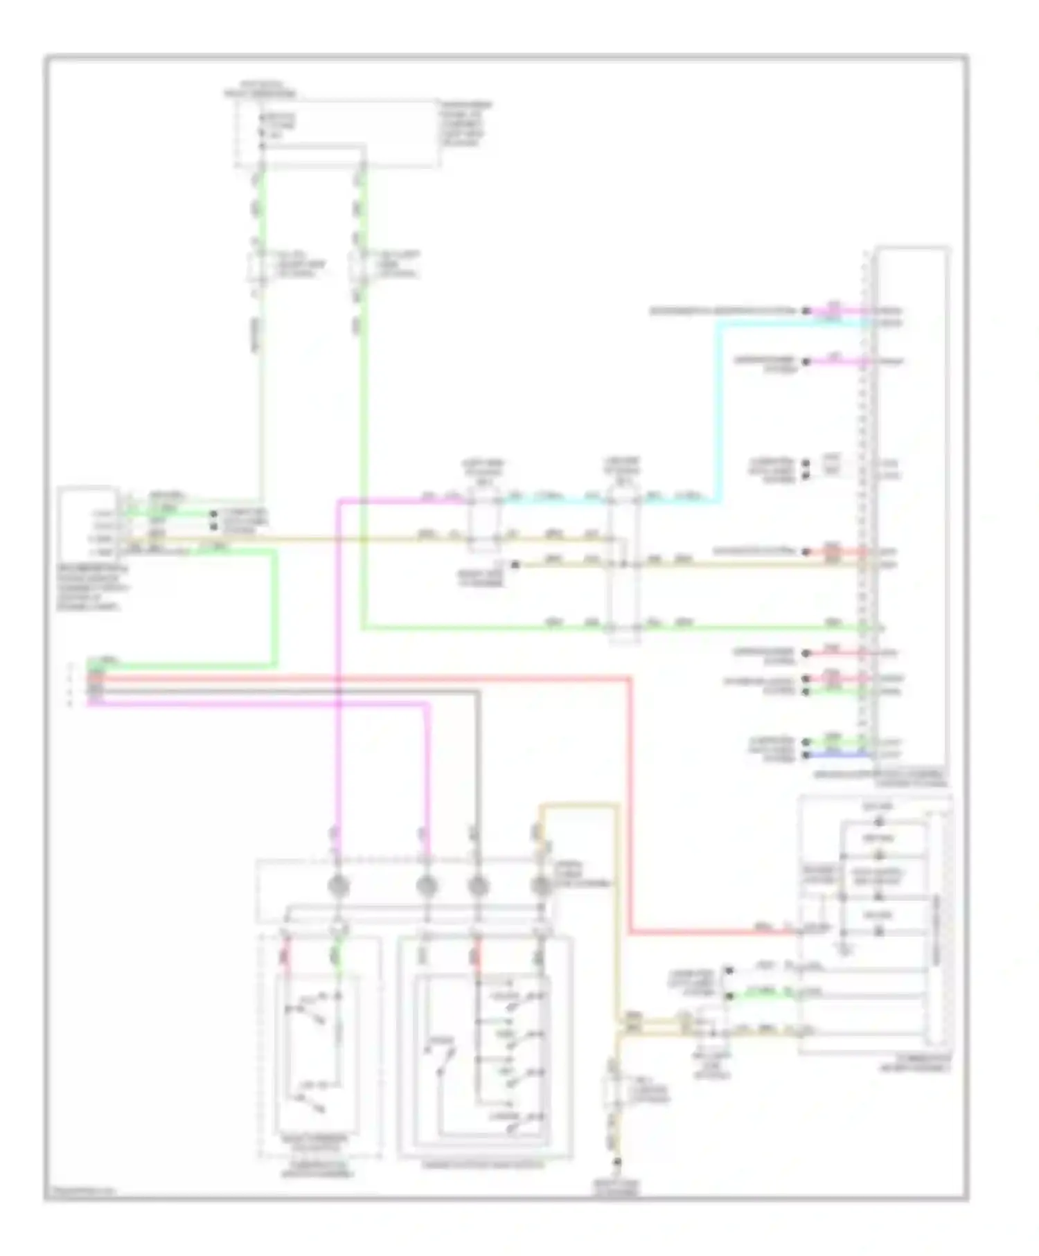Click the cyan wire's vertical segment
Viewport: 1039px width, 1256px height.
[x=719, y=415]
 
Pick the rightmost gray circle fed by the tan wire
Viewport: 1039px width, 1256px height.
[x=540, y=886]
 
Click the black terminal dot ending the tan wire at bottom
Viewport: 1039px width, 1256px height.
[x=618, y=1163]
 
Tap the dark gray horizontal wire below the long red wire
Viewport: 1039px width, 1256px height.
[x=277, y=691]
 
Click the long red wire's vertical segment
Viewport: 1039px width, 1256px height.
[x=631, y=803]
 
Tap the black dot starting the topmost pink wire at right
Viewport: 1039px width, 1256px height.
[x=806, y=311]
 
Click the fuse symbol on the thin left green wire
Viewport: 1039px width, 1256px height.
[x=258, y=266]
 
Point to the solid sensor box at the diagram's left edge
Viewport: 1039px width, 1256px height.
[x=86, y=523]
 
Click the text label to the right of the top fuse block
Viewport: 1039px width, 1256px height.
[x=466, y=125]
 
